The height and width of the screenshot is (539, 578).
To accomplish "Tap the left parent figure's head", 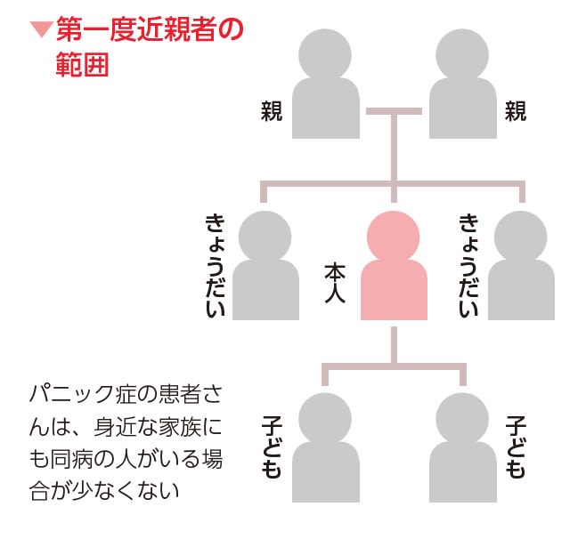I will tap(327, 52).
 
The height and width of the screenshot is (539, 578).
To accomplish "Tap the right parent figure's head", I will tap(460, 52).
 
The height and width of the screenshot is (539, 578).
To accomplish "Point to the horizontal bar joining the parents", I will tap(393, 112).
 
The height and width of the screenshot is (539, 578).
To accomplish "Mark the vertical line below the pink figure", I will tap(393, 342).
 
